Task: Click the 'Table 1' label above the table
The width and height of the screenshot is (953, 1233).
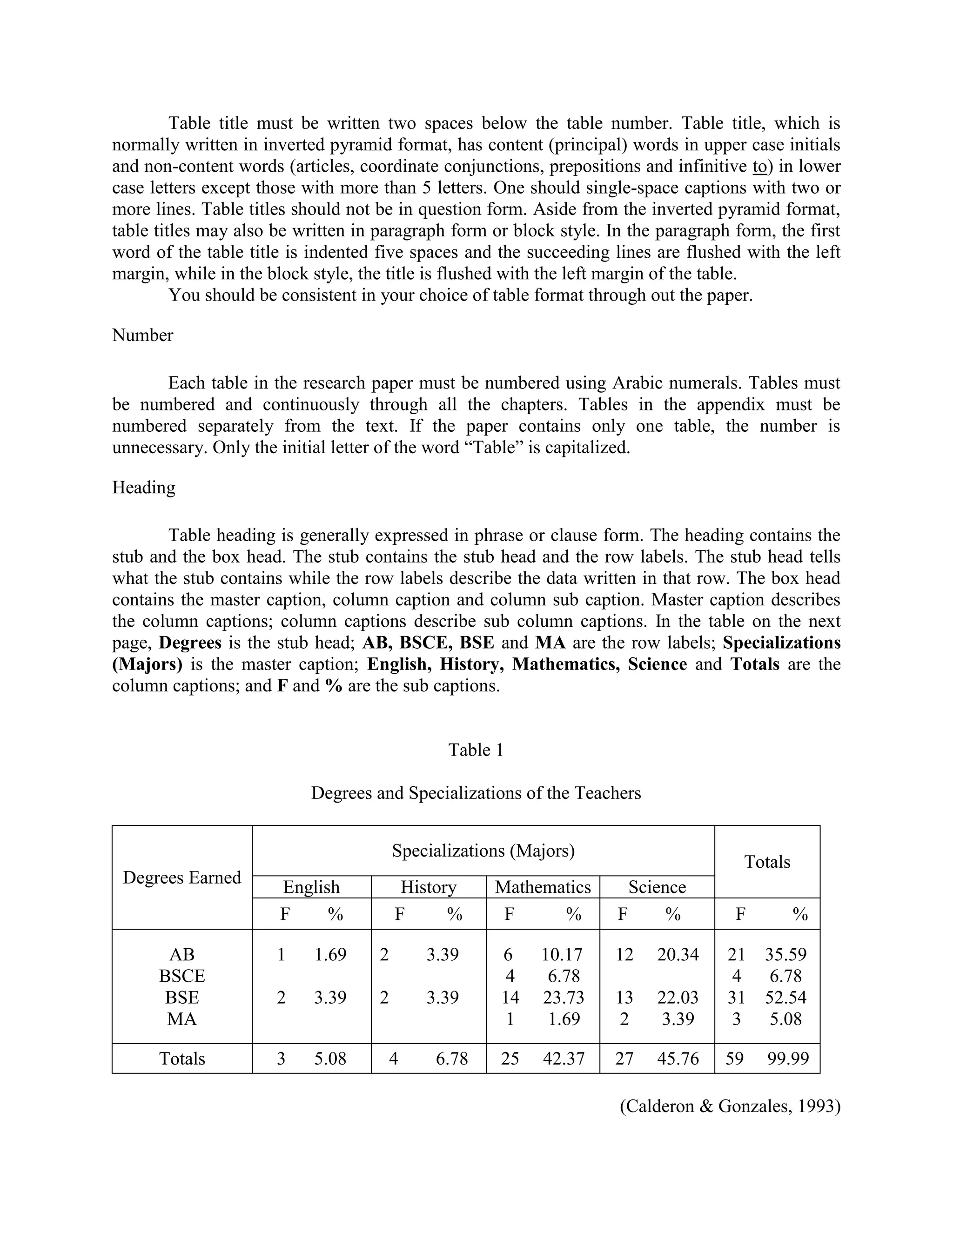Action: pyautogui.click(x=476, y=751)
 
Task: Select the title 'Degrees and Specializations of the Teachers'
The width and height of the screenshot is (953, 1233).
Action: pyautogui.click(x=476, y=793)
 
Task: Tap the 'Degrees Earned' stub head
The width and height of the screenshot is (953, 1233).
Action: pyautogui.click(x=182, y=878)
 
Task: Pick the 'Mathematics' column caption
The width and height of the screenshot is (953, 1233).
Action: pyautogui.click(x=543, y=887)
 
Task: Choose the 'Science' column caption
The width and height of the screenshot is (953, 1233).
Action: pyautogui.click(x=657, y=887)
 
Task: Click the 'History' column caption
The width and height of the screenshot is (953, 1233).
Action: pyautogui.click(x=429, y=887)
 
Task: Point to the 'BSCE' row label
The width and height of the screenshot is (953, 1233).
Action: pyautogui.click(x=182, y=976)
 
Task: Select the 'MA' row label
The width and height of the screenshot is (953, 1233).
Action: pyautogui.click(x=182, y=1019)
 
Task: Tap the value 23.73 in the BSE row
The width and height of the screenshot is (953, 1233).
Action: pyautogui.click(x=564, y=998)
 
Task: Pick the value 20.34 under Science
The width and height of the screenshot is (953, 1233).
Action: pyautogui.click(x=678, y=955)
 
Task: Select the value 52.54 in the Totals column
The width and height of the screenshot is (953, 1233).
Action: pyautogui.click(x=786, y=998)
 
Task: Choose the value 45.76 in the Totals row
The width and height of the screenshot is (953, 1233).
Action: pyautogui.click(x=678, y=1059)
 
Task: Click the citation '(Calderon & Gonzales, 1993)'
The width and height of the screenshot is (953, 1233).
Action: pyautogui.click(x=730, y=1106)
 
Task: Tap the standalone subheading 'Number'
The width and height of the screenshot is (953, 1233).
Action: pyautogui.click(x=143, y=335)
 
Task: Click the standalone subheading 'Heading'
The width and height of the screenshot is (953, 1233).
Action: pyautogui.click(x=144, y=487)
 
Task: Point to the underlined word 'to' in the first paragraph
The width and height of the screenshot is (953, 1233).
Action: pyautogui.click(x=759, y=167)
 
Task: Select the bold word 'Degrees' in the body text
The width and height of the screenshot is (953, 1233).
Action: pyautogui.click(x=190, y=643)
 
